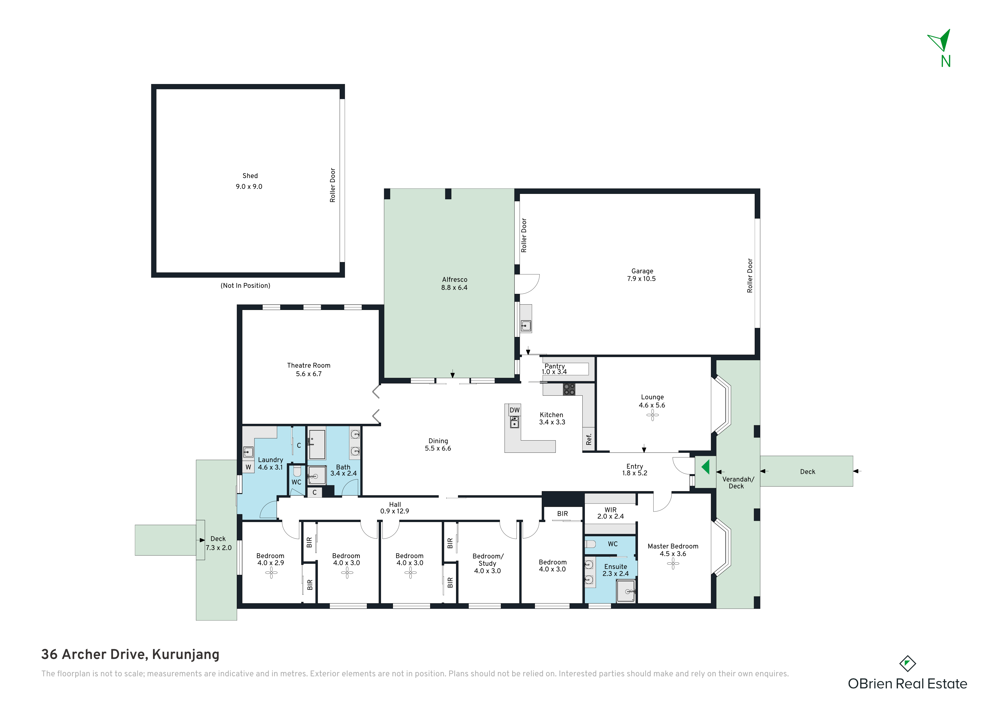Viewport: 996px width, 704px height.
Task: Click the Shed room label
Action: point(250,176)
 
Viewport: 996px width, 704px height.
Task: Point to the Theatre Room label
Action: point(308,366)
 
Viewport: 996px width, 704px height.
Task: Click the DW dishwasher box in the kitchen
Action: point(514,410)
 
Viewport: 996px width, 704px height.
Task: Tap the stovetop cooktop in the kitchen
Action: point(569,389)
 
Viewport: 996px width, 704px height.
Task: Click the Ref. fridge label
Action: point(589,439)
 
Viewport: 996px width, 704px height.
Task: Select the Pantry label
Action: point(555,366)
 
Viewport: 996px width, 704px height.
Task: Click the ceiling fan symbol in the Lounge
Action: point(652,416)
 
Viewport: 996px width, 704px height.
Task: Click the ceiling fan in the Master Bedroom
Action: point(673,563)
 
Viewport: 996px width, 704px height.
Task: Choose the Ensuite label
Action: point(616,567)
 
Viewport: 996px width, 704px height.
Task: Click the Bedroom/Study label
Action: point(487,560)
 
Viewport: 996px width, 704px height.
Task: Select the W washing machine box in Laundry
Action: point(248,467)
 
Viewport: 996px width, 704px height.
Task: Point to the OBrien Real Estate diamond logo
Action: point(907,664)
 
